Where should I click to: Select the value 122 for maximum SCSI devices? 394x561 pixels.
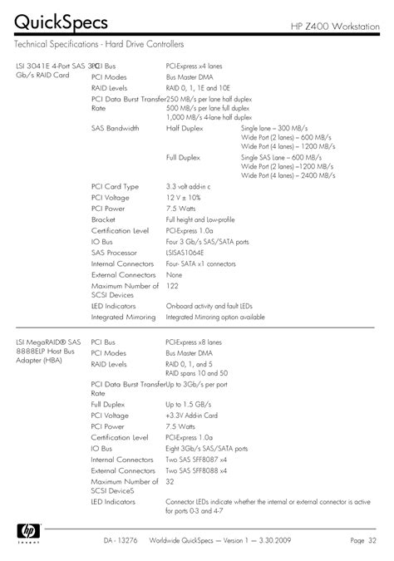tap(172, 285)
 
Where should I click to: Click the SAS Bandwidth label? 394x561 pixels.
tap(116, 129)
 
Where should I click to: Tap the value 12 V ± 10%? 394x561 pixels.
tap(184, 198)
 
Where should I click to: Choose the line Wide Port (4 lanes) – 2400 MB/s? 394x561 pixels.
tap(288, 176)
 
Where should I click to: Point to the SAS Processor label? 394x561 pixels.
tap(116, 252)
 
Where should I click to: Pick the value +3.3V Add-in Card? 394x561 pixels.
tap(191, 416)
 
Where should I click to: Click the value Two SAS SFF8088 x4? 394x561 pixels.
tap(196, 470)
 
